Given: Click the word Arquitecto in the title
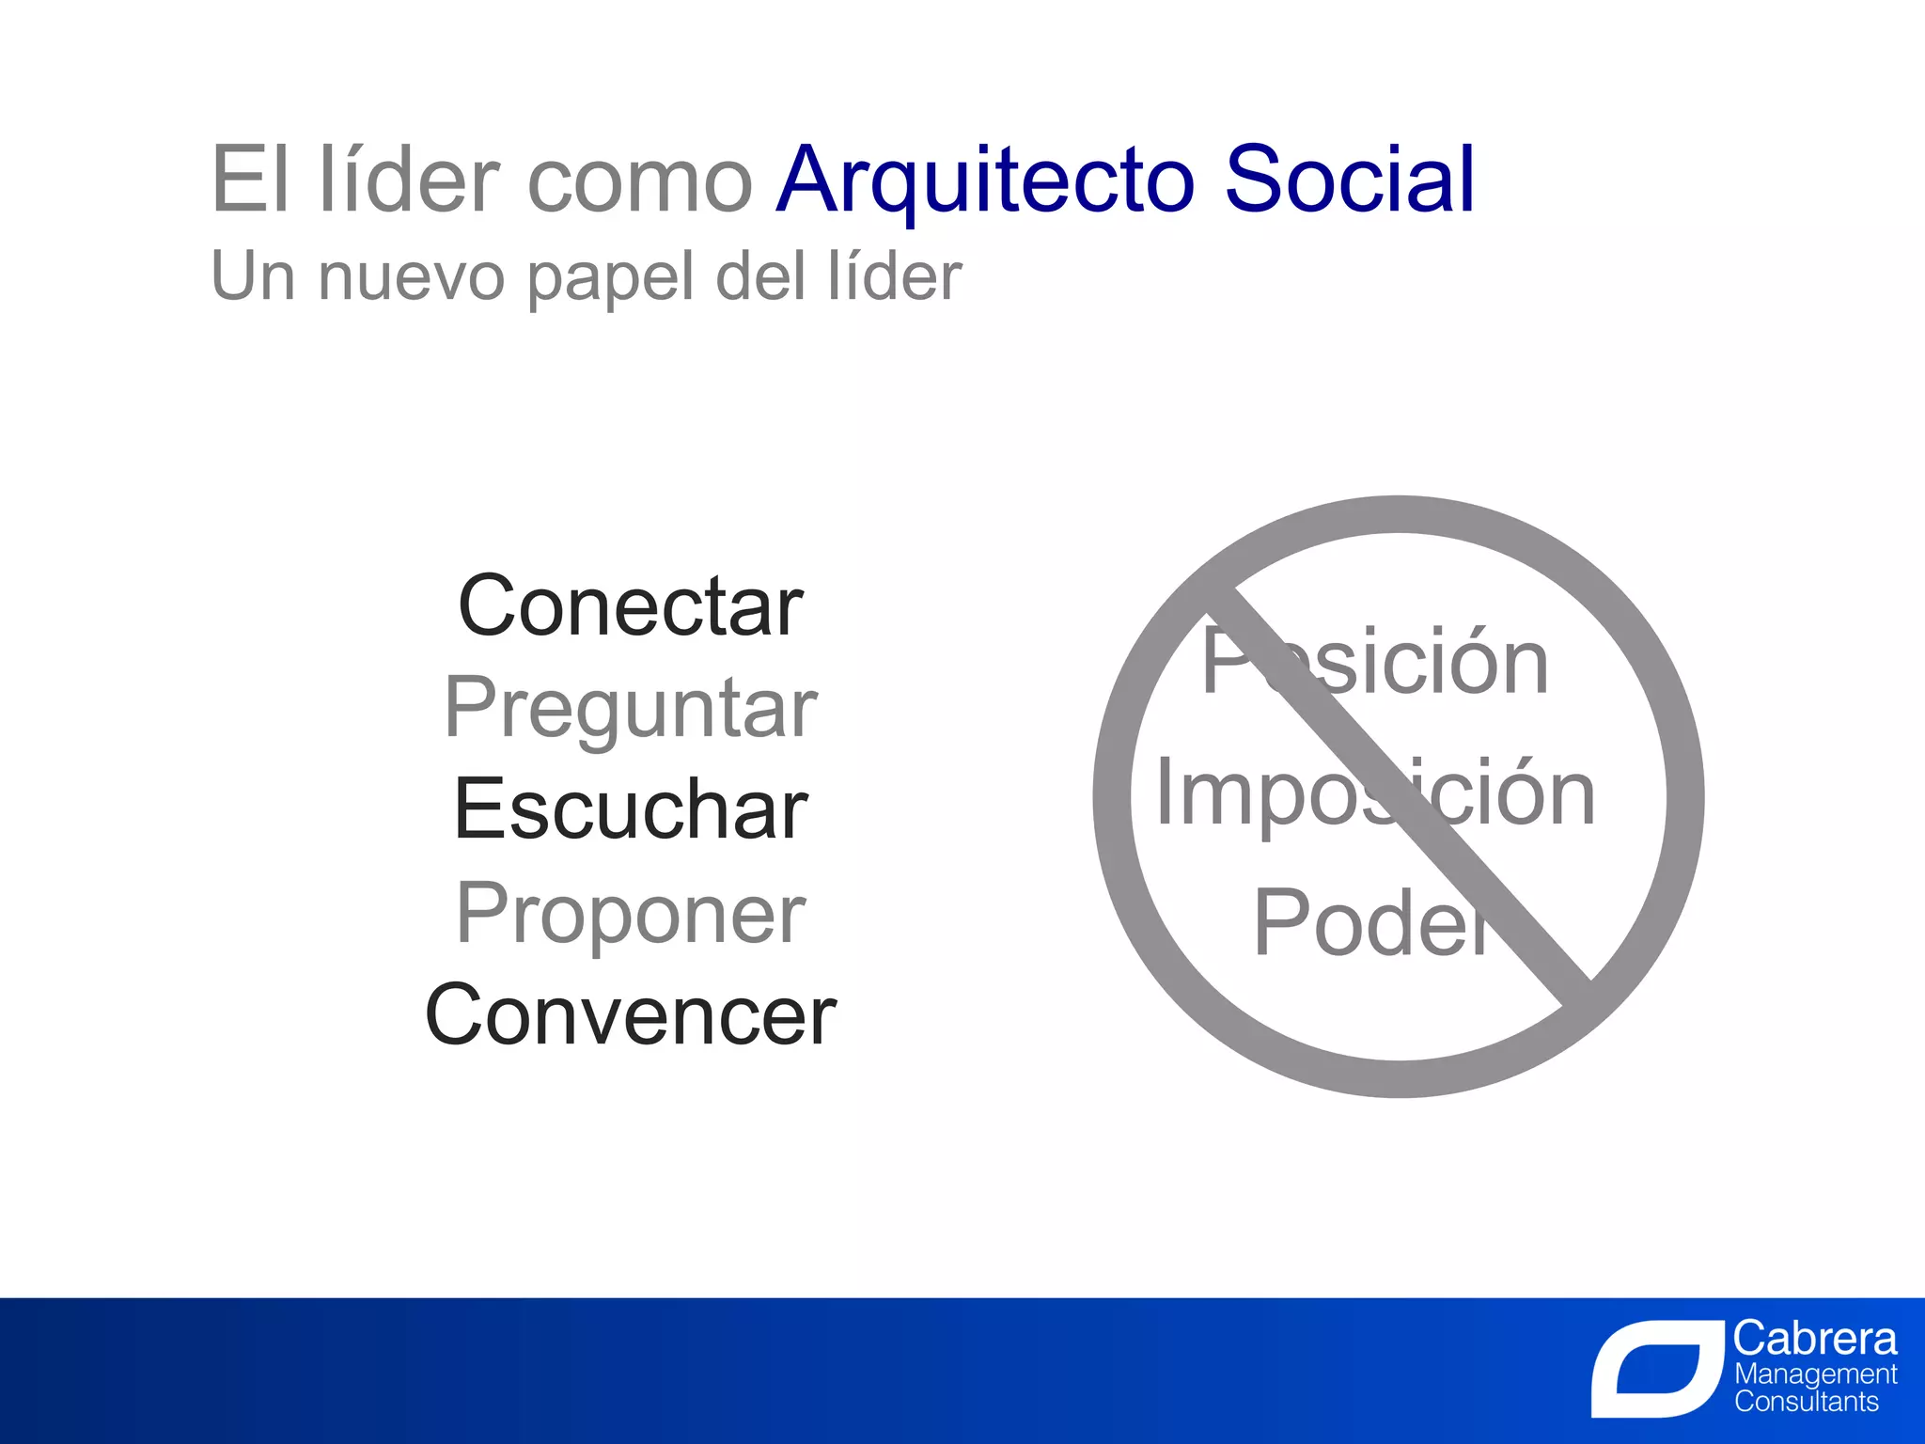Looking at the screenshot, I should click(985, 180).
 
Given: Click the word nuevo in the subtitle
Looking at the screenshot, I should click(412, 277).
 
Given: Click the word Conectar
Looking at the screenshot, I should click(630, 606).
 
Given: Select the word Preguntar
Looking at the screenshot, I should click(630, 709).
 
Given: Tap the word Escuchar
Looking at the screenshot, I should click(630, 809).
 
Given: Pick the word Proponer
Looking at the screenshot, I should click(630, 914).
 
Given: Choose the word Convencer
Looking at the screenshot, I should click(630, 1015).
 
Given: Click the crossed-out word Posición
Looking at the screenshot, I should click(1374, 663).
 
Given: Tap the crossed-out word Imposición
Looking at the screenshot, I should click(1374, 794).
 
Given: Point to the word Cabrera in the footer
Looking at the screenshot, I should click(1814, 1338).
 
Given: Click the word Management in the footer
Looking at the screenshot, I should click(1815, 1374).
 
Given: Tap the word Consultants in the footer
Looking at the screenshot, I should click(1806, 1402).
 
